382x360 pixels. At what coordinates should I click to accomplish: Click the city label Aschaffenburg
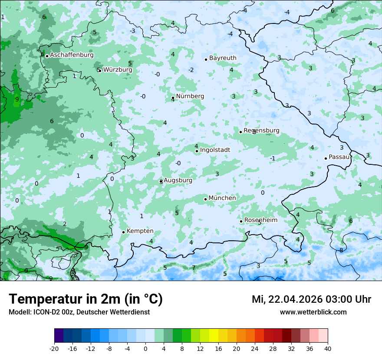coord(72,55)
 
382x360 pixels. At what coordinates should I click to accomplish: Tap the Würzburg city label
coord(118,69)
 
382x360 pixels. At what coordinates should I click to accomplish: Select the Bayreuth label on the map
coord(223,58)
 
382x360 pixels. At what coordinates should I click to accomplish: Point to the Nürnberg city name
coord(190,96)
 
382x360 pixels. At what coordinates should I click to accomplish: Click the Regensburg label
coord(261,131)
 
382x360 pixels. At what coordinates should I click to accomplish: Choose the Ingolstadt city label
coord(215,150)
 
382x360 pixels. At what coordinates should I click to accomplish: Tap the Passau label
coord(339,157)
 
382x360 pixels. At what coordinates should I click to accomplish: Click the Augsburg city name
coord(178,180)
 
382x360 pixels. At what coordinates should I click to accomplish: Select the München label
coord(222,198)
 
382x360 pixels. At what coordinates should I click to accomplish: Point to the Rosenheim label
coord(261,220)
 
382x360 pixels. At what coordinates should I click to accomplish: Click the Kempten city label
coord(140,231)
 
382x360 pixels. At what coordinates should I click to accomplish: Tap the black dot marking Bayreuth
coord(206,59)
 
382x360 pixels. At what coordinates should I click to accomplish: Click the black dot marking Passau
coord(326,158)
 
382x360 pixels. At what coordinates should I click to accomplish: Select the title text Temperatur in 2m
coord(86,299)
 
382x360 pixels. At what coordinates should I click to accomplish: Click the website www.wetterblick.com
coord(313,312)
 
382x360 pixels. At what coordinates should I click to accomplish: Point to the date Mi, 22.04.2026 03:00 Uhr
coord(311,299)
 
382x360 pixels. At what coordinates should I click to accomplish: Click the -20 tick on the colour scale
coord(54,348)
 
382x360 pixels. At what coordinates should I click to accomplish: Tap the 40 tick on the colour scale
coord(328,348)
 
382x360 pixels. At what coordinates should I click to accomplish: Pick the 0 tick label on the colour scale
coord(145,348)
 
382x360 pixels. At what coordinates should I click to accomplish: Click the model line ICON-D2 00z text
coord(79,312)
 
